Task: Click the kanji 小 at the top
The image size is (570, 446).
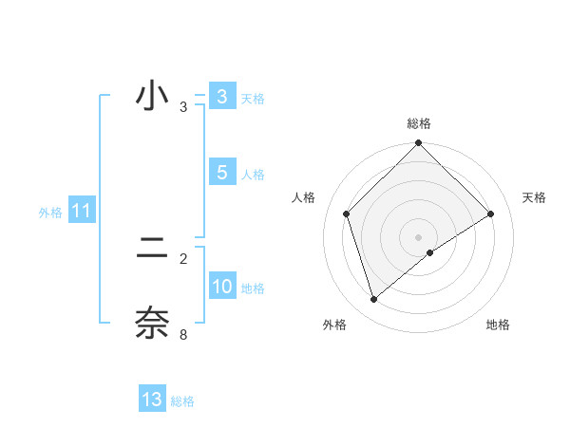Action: pyautogui.click(x=152, y=97)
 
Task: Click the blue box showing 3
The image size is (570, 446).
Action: pyautogui.click(x=221, y=97)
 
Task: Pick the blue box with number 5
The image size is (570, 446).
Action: pyautogui.click(x=221, y=173)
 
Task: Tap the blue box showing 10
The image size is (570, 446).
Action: pyautogui.click(x=221, y=288)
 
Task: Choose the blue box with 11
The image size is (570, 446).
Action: pyautogui.click(x=81, y=212)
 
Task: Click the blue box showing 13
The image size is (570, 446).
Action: pyautogui.click(x=152, y=400)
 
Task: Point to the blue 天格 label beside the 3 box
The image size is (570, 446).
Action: pyautogui.click(x=253, y=98)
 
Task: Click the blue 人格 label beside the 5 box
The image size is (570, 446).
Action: pyautogui.click(x=253, y=175)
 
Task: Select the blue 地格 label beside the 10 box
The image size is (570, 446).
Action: pyautogui.click(x=253, y=288)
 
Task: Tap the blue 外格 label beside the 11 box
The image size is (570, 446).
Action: pyautogui.click(x=50, y=213)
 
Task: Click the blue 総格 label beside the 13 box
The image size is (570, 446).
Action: pyautogui.click(x=182, y=401)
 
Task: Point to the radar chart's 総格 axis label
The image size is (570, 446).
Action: pyautogui.click(x=419, y=123)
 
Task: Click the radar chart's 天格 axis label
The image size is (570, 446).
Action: pyautogui.click(x=534, y=197)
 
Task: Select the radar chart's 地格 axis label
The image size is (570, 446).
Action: pyautogui.click(x=498, y=325)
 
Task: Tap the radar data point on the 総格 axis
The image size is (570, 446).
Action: pyautogui.click(x=418, y=144)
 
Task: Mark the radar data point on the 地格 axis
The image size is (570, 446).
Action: pyautogui.click(x=430, y=252)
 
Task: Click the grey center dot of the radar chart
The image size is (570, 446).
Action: pyautogui.click(x=418, y=236)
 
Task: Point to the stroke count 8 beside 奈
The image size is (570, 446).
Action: pyautogui.click(x=183, y=334)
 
